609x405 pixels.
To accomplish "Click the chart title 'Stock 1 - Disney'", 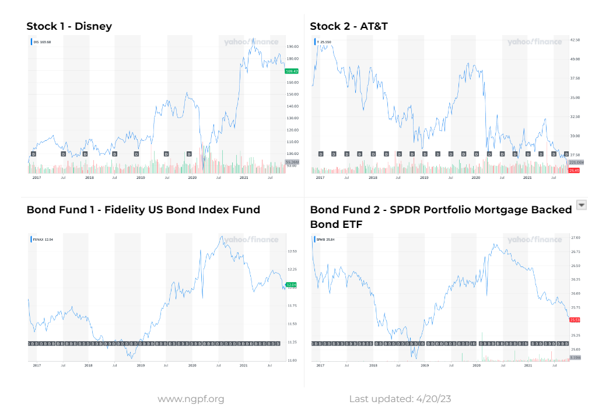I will coord(69,26).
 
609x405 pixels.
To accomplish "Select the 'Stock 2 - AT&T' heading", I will coord(348,26).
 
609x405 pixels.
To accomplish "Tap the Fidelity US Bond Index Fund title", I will coord(143,210).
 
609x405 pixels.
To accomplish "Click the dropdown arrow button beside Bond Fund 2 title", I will coord(581,204).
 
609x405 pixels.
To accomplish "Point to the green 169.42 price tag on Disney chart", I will coord(292,71).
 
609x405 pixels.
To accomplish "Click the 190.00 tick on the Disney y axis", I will coord(292,47).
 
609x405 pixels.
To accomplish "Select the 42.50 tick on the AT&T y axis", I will coord(575,40).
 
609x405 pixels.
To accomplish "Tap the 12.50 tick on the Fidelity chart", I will coord(292,251).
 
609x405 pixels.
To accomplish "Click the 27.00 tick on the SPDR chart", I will coord(575,238).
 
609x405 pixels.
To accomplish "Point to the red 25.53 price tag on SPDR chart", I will coord(575,320).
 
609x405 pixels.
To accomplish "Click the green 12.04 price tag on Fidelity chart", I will coord(292,285).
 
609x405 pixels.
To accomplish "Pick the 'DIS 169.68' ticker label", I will coord(42,42).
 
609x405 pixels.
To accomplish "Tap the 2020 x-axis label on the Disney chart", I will coord(192,177).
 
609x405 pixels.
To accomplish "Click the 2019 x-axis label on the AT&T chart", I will coord(424,177).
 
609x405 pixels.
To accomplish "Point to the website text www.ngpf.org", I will coord(191,399).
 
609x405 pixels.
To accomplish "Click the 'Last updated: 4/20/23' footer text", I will coord(400,399).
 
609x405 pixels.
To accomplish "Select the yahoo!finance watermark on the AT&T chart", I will coord(534,42).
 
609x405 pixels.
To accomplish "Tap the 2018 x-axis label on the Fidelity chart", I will coord(89,365).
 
